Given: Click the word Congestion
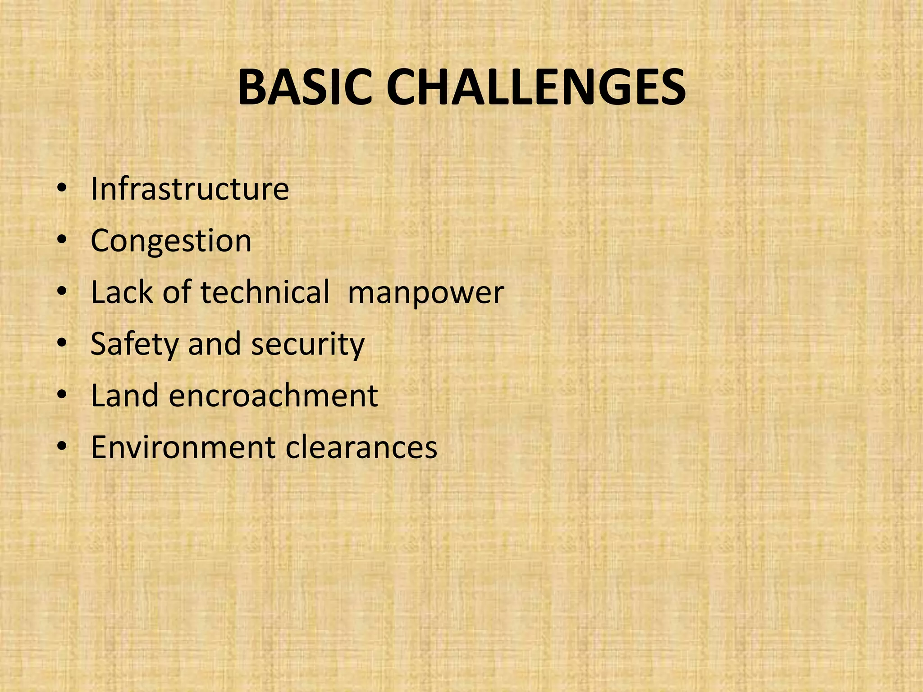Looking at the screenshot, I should (171, 241).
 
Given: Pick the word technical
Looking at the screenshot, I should (265, 292).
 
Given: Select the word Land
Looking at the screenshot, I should (125, 396).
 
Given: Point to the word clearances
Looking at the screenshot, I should (361, 447).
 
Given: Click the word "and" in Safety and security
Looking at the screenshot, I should (215, 344).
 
